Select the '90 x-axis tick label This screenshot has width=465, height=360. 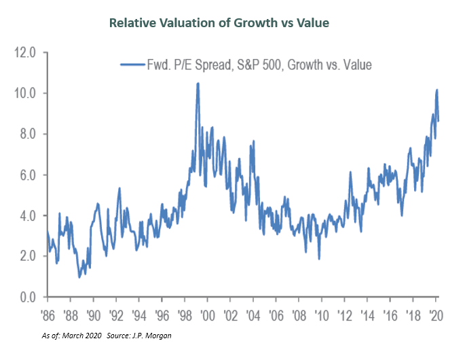pos(94,316)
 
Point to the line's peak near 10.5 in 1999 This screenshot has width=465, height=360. pos(198,84)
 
